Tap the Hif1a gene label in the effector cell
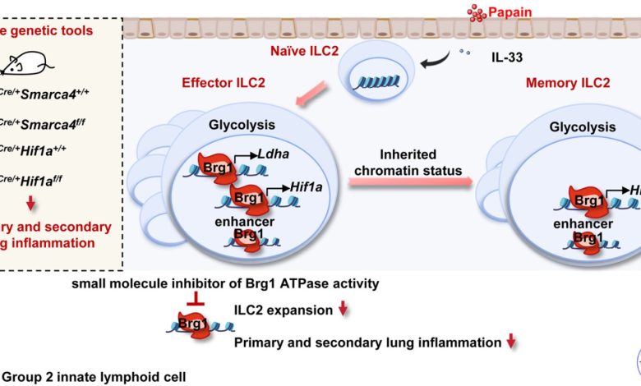tap(304, 187)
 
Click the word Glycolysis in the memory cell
tap(583, 127)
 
